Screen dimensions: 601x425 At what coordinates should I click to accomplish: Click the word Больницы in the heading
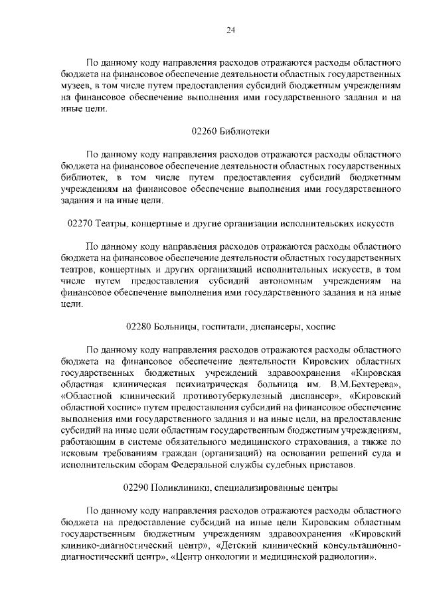(x=175, y=327)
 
